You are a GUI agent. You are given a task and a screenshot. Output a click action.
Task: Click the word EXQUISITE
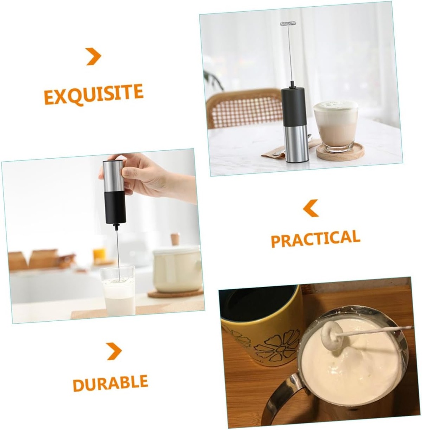point(94,94)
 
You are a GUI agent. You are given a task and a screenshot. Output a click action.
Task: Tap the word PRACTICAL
point(315,239)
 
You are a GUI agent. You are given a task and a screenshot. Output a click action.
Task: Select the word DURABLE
point(110,383)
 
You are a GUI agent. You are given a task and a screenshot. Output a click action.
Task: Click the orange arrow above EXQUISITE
point(94,56)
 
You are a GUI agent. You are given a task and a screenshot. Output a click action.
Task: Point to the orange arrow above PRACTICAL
point(311,208)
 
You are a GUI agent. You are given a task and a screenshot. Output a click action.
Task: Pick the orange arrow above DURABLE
point(113,351)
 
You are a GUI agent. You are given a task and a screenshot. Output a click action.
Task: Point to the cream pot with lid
point(177,269)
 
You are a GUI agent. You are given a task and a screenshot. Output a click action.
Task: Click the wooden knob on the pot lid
point(175,239)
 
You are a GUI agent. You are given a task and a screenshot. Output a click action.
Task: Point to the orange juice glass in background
point(99,254)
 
